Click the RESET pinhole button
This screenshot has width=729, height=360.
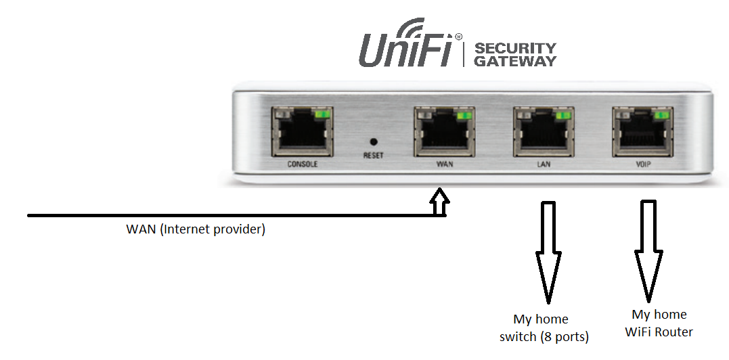tap(372, 141)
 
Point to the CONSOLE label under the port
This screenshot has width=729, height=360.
tap(302, 164)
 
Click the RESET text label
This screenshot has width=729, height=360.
tap(373, 156)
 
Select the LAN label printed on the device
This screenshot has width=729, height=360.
tap(544, 164)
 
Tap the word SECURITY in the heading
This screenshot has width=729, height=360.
tap(515, 49)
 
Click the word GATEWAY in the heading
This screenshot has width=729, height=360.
tap(515, 62)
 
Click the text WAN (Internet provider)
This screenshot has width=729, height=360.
tap(196, 229)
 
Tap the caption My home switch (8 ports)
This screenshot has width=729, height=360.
tap(544, 328)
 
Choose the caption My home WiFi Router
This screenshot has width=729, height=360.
tap(659, 323)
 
